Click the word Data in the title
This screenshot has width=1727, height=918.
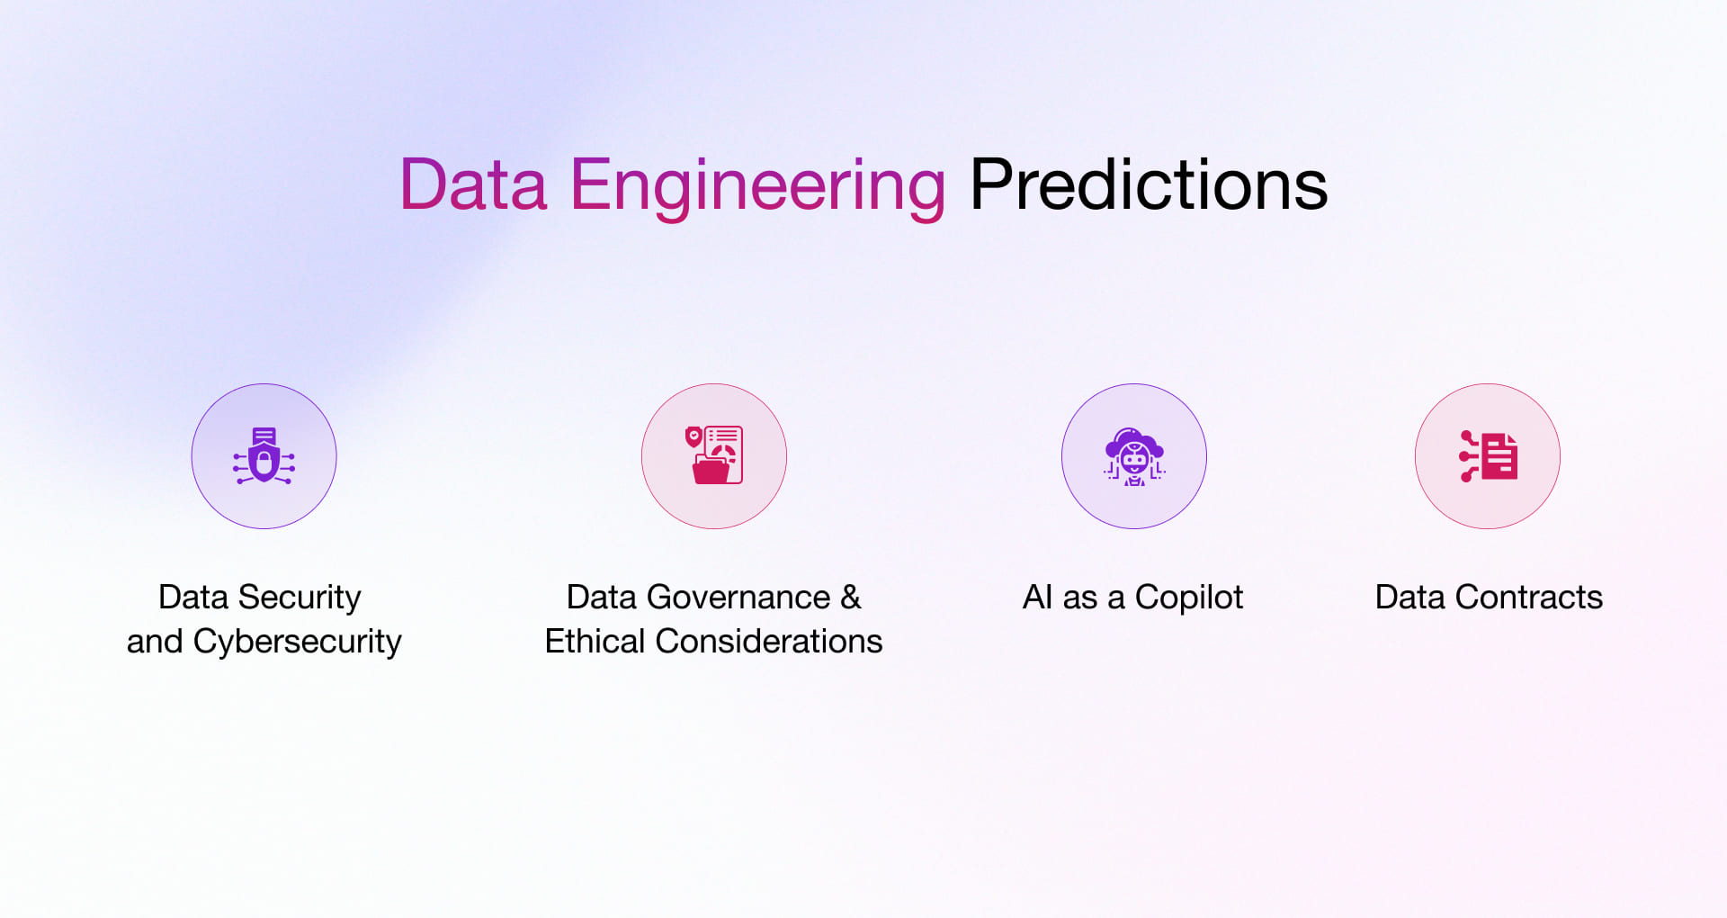473,185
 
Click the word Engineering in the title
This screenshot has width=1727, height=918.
757,185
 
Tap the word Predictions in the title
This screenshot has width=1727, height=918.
1148,185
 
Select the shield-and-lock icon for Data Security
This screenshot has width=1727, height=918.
264,456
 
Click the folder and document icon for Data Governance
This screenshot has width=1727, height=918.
714,455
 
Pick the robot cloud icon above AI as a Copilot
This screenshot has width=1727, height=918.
1134,456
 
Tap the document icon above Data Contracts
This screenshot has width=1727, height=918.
1489,455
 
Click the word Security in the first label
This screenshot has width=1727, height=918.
300,598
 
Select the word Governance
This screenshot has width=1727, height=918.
738,598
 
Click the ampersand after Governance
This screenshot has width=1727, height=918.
851,598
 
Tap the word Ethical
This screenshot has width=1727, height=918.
595,642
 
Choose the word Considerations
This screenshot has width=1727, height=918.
769,642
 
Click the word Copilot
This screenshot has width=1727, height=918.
1188,598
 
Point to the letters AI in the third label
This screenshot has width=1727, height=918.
1037,598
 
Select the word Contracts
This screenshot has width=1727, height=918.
1529,598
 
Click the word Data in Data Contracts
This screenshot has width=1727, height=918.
1410,598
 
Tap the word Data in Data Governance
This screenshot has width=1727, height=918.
602,598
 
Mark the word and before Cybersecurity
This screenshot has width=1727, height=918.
155,642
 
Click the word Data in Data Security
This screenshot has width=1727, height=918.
193,598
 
